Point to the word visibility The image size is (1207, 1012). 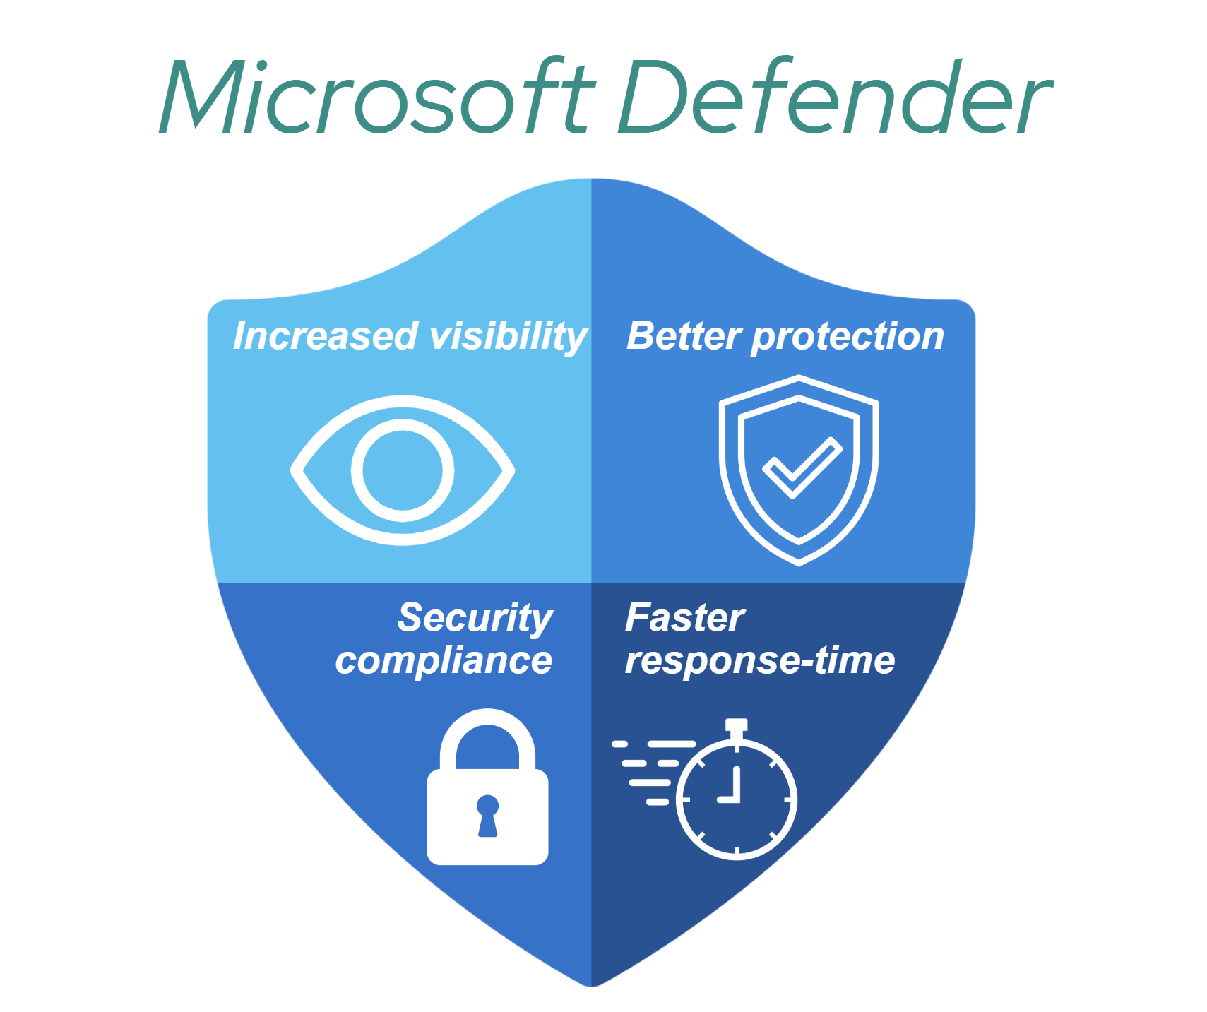(509, 337)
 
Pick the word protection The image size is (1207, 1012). (847, 337)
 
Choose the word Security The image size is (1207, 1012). (475, 619)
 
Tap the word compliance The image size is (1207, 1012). (444, 661)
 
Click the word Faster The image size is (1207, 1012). (684, 618)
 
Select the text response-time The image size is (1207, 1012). (760, 661)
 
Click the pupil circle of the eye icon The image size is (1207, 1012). (403, 470)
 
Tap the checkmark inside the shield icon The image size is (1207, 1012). (802, 468)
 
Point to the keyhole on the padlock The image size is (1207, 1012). (487, 815)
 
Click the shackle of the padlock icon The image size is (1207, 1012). (487, 734)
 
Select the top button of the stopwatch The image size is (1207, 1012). (737, 725)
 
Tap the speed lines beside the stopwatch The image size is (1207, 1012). (650, 772)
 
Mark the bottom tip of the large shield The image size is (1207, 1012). (592, 984)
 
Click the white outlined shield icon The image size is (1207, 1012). (799, 470)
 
